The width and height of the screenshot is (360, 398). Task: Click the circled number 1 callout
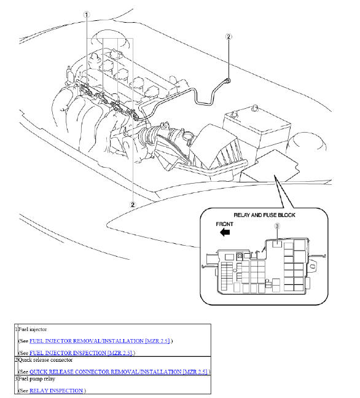87,14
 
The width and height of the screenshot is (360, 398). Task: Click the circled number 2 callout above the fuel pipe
229,37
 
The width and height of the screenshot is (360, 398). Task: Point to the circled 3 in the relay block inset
277,227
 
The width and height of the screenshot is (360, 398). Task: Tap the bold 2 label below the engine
132,203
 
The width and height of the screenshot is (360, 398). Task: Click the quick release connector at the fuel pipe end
229,79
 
